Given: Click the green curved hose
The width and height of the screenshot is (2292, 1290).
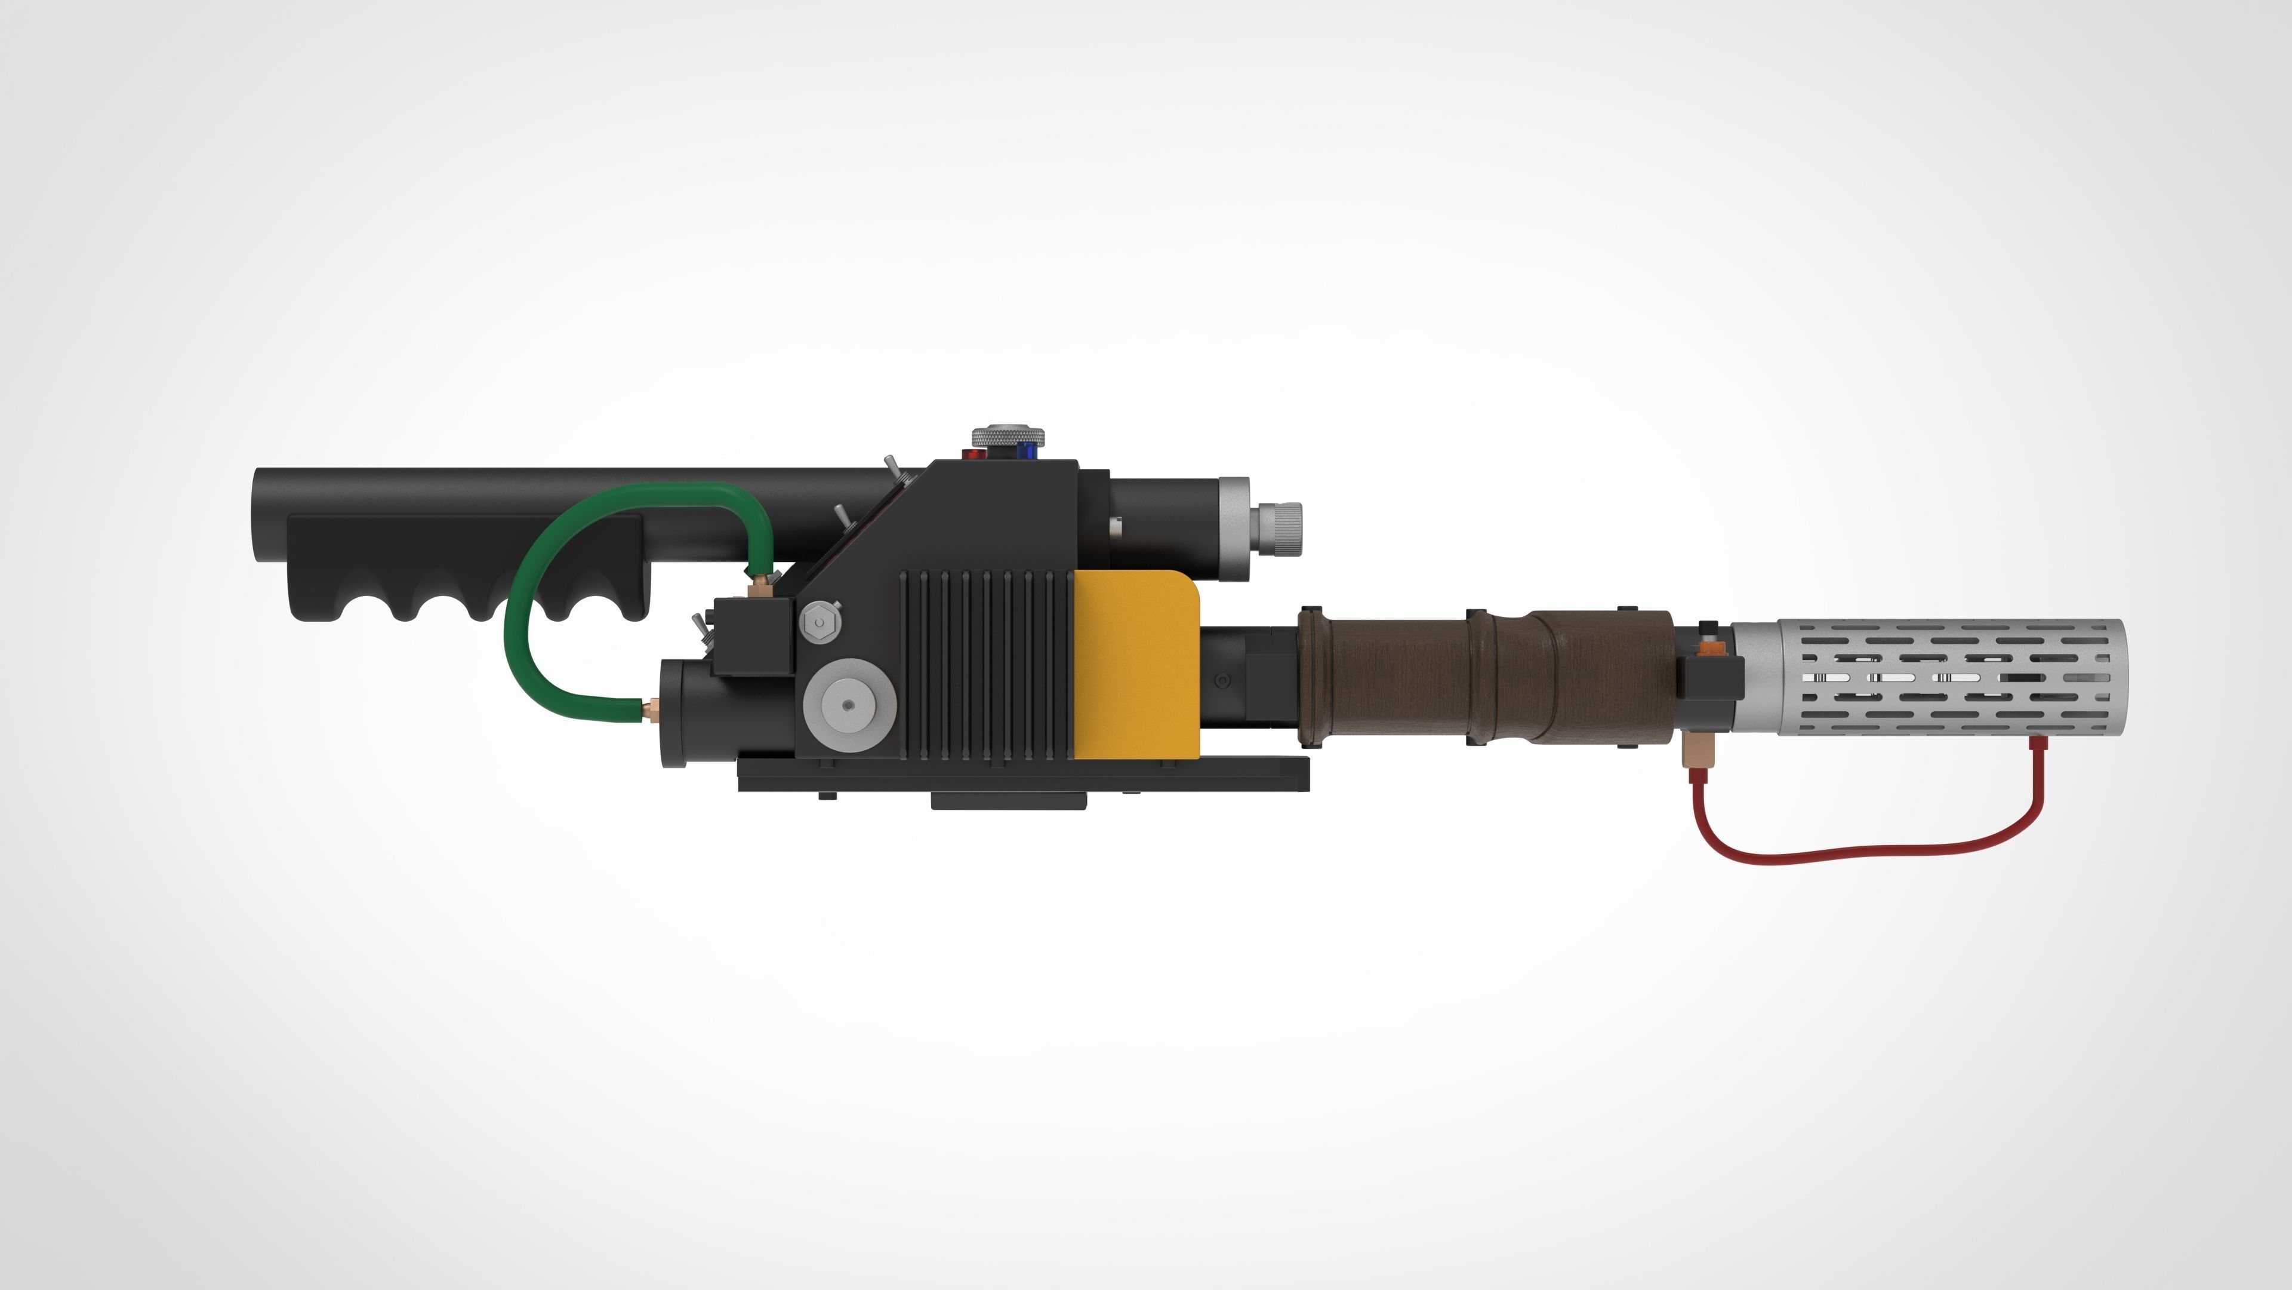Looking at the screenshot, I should [x=516, y=615].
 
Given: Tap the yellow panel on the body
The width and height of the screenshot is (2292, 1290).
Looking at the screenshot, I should [x=1136, y=664].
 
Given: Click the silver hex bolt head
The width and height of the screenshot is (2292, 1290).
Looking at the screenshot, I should [x=818, y=622].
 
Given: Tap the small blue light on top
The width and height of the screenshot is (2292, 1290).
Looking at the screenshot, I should [x=1032, y=450].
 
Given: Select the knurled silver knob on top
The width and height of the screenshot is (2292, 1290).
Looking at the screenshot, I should [x=1008, y=436].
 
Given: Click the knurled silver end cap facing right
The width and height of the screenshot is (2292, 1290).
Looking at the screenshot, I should [x=1279, y=527].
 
